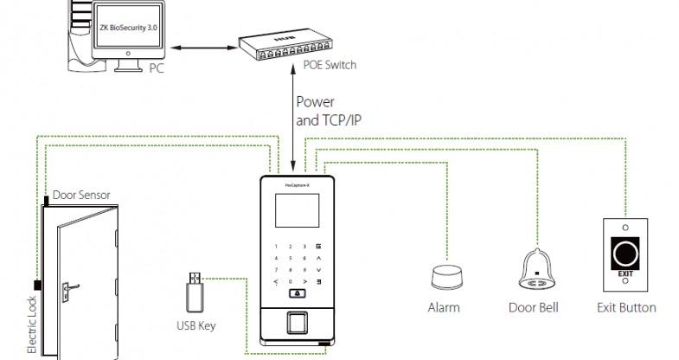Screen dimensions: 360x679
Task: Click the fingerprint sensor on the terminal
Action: [x=294, y=322]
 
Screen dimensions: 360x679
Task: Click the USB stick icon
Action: [x=193, y=292]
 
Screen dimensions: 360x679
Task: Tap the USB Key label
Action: [x=195, y=326]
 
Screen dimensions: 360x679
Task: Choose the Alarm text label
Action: [x=444, y=308]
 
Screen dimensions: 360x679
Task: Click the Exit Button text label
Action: [x=626, y=308]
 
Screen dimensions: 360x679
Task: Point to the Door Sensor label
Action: [x=81, y=196]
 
